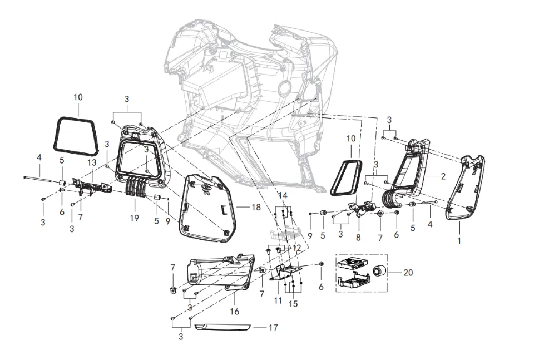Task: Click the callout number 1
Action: pyautogui.click(x=459, y=241)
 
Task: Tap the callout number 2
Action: pyautogui.click(x=443, y=176)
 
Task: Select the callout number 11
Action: pyautogui.click(x=278, y=300)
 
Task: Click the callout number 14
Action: pyautogui.click(x=284, y=196)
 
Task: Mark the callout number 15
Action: pyautogui.click(x=293, y=304)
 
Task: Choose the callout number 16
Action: pyautogui.click(x=235, y=312)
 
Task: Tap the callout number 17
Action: pyautogui.click(x=273, y=328)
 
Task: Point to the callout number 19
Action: pyautogui.click(x=135, y=218)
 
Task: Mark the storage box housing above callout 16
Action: pyautogui.click(x=220, y=271)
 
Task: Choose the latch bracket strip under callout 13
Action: pyautogui.click(x=92, y=184)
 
